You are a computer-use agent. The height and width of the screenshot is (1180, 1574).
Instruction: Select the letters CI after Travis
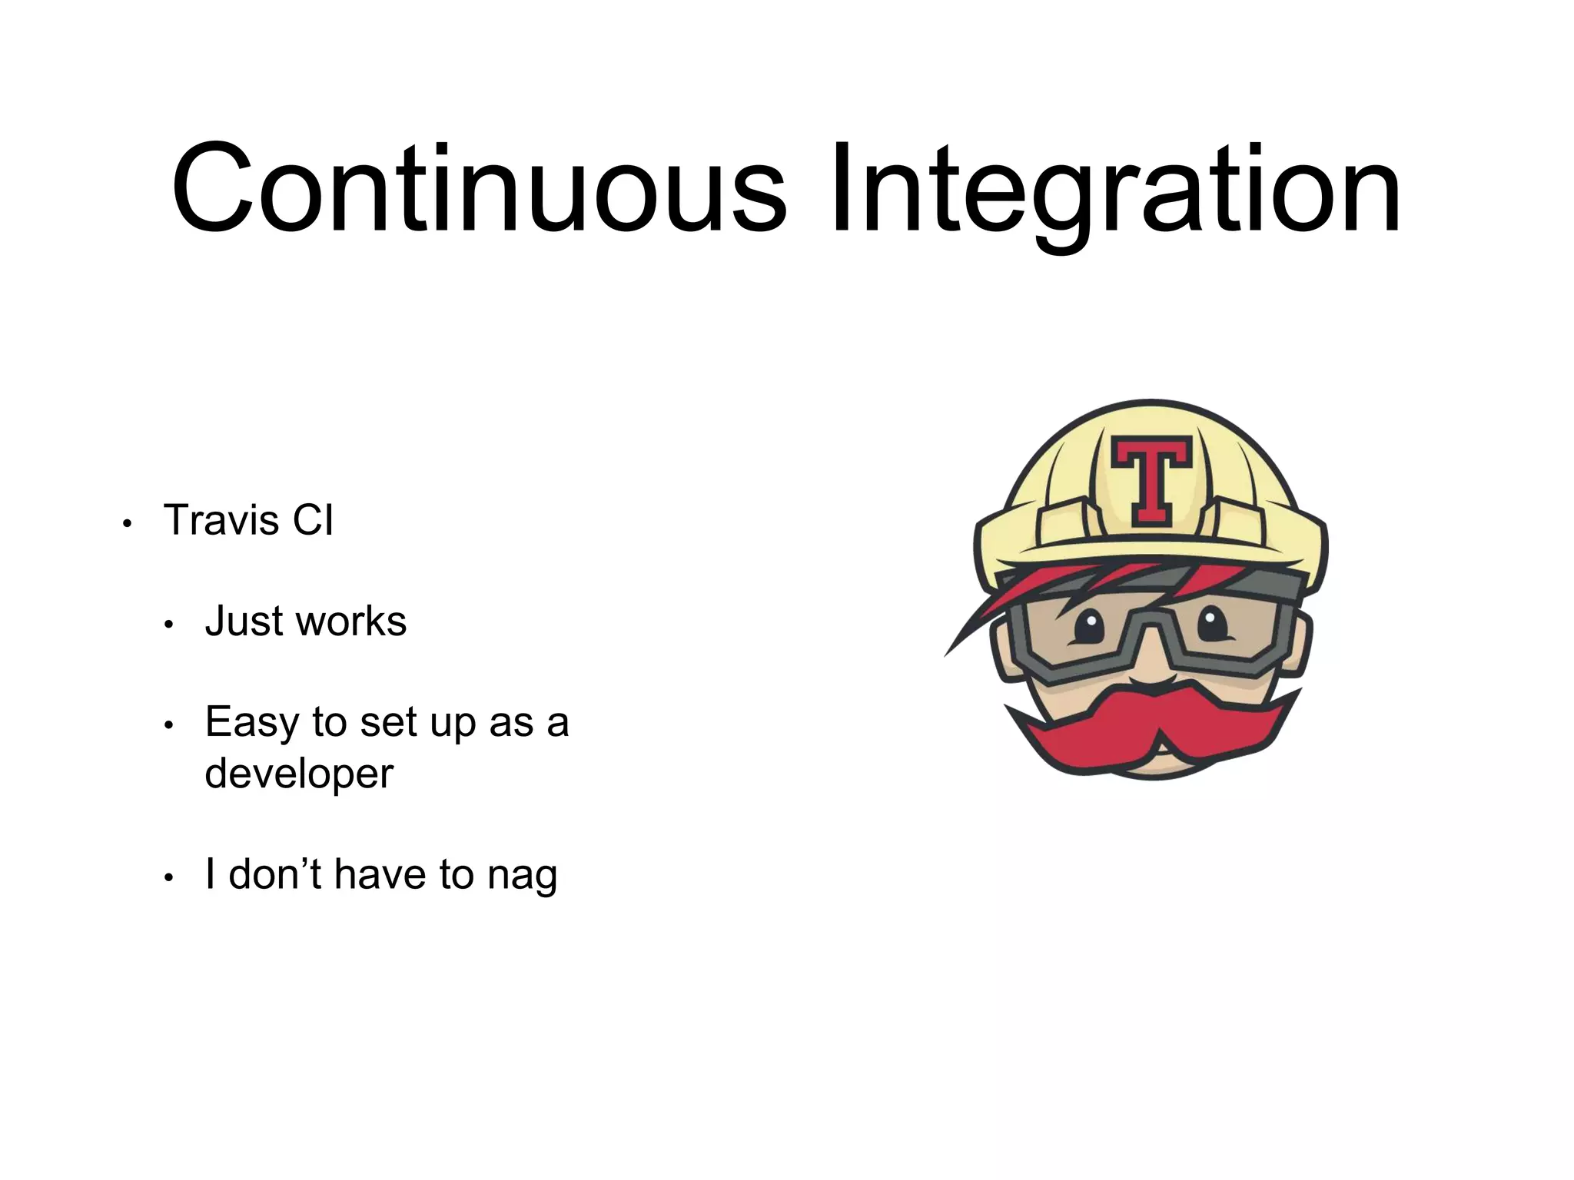(312, 520)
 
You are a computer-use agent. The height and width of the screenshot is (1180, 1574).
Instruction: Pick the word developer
(299, 774)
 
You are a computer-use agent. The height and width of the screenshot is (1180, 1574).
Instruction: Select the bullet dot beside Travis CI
(128, 525)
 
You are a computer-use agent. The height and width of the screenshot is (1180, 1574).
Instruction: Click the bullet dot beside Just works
(170, 625)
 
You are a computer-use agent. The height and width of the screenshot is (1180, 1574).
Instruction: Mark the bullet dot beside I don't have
(170, 879)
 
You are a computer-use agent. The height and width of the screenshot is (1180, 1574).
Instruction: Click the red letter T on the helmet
(1151, 481)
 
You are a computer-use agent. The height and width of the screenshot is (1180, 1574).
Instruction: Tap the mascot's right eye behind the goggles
(1212, 623)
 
